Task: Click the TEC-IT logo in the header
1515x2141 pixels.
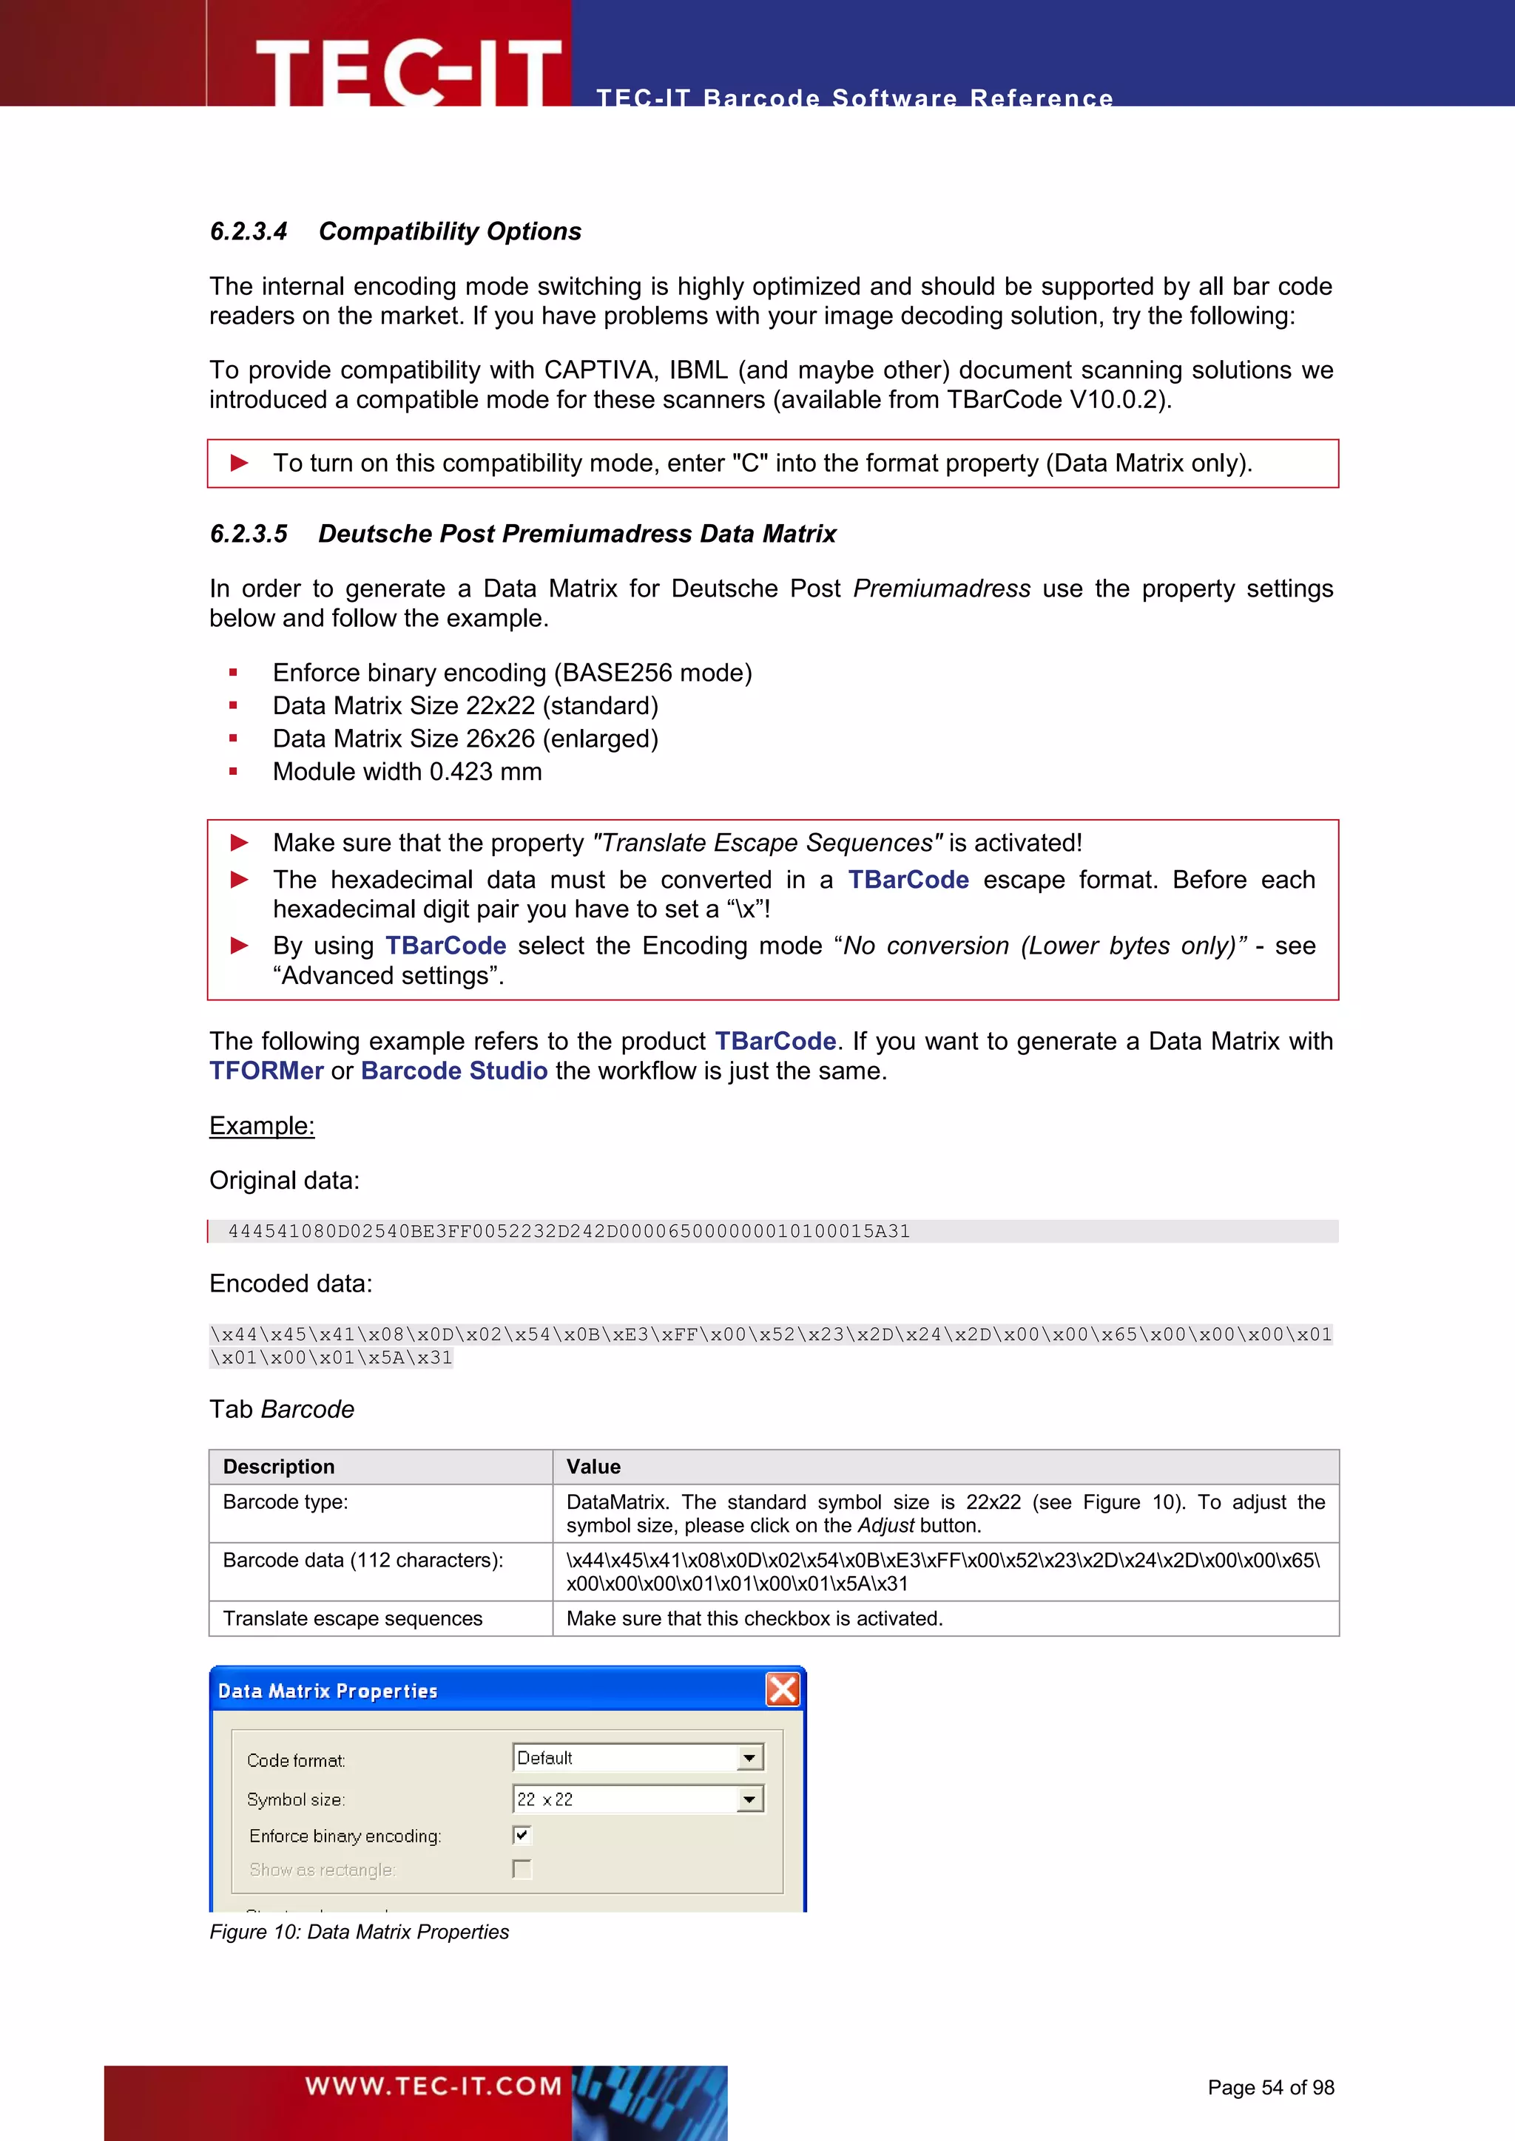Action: [408, 71]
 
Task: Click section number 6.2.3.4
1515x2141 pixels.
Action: [248, 231]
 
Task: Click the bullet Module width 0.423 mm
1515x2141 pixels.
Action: [407, 772]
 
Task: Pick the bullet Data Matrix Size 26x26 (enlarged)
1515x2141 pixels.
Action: [465, 739]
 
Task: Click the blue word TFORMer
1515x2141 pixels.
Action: [266, 1070]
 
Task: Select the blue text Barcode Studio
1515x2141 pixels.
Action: [453, 1070]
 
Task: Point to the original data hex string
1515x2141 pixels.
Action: [568, 1231]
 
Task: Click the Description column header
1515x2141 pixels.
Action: [278, 1467]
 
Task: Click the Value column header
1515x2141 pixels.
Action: [593, 1467]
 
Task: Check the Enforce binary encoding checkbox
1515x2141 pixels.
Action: [522, 1835]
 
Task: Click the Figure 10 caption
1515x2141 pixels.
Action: [360, 1932]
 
